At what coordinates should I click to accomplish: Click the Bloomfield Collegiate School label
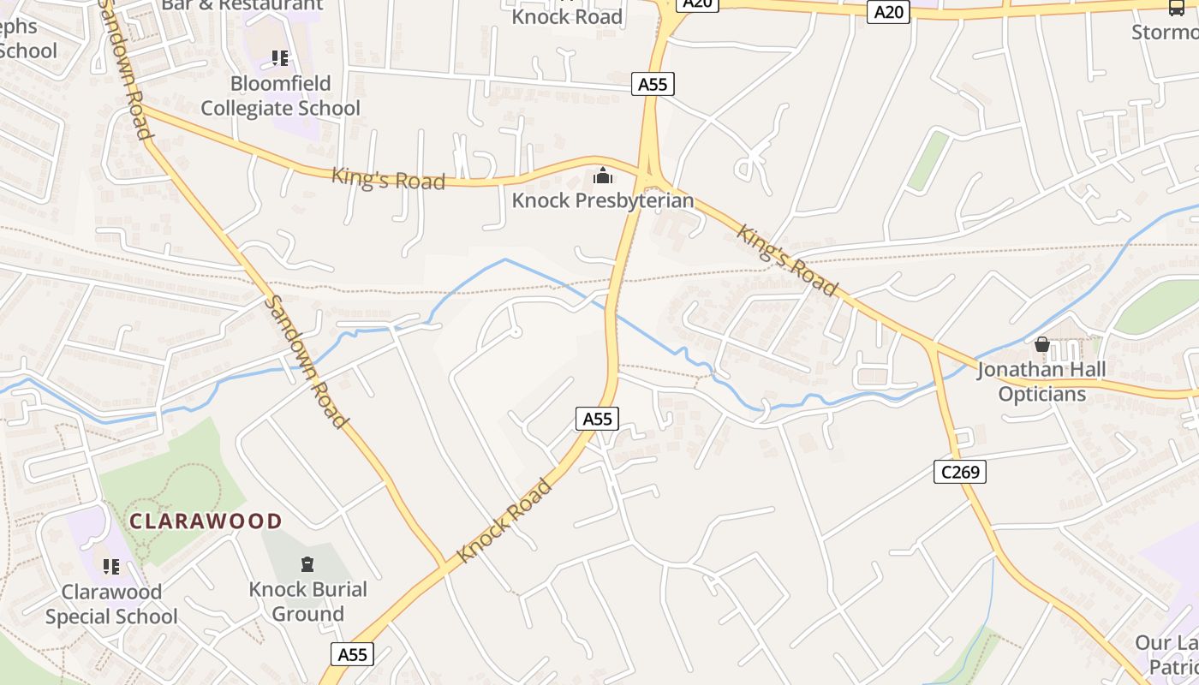point(280,96)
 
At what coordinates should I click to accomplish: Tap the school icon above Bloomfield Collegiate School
point(280,58)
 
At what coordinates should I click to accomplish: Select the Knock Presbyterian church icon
point(603,176)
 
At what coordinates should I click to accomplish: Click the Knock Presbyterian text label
point(603,201)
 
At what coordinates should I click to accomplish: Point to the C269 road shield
point(960,471)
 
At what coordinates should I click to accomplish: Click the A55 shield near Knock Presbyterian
point(653,84)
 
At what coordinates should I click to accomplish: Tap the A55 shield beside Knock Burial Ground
point(352,654)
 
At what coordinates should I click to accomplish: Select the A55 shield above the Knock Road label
point(597,418)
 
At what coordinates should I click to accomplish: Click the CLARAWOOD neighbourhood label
point(206,521)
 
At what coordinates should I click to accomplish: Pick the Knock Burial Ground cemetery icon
point(307,564)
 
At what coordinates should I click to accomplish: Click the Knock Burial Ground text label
point(307,601)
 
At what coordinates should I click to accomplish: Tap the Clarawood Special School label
point(111,604)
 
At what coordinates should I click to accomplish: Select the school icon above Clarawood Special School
point(110,567)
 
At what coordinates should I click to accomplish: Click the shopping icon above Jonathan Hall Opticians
point(1042,345)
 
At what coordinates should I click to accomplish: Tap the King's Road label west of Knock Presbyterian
point(389,179)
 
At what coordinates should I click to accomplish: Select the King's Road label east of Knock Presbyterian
point(786,259)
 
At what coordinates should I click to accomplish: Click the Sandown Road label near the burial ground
point(306,361)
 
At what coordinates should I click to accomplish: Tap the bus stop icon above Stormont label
point(1176,8)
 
